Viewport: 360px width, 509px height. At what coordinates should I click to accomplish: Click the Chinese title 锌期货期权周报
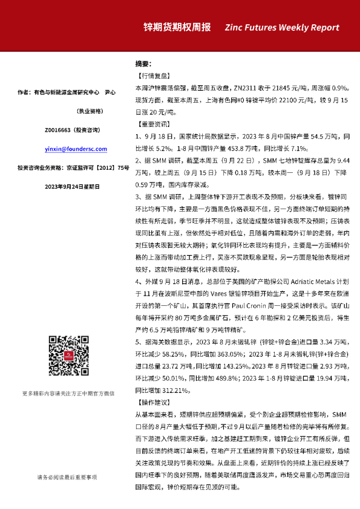[x=177, y=27]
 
